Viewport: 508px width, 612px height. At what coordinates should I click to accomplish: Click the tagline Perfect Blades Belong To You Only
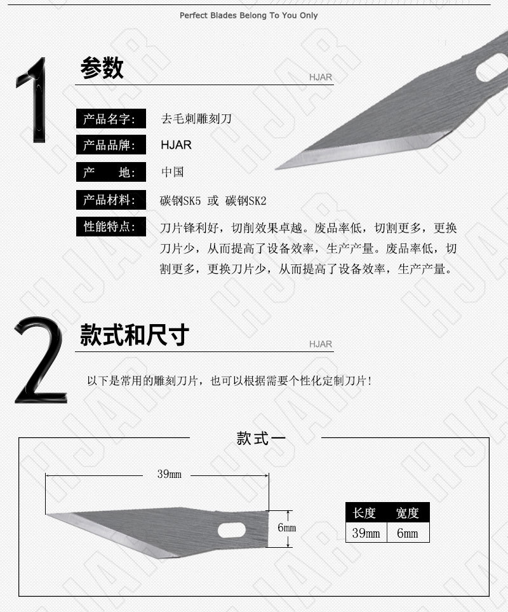pos(249,16)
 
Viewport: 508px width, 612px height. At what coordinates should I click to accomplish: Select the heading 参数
pos(102,67)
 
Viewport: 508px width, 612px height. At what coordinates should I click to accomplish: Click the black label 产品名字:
pos(110,119)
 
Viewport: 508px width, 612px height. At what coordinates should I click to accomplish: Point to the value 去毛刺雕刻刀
pos(196,119)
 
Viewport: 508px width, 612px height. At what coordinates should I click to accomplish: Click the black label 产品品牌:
pos(110,145)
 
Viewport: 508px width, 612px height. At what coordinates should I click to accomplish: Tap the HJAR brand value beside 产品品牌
pos(177,145)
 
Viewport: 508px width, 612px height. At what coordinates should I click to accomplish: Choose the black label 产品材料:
pos(110,200)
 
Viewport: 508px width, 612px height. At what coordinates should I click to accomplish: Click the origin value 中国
pos(172,172)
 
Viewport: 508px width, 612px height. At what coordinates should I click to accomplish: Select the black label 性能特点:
pos(110,226)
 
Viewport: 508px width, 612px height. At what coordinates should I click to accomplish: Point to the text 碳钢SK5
pos(180,201)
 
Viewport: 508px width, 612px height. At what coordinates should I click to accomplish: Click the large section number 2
pos(40,360)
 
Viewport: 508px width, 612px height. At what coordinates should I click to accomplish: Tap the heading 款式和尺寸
pos(135,335)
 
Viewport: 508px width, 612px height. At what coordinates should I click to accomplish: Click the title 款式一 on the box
pos(261,439)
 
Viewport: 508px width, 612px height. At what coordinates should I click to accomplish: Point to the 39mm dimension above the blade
pos(169,474)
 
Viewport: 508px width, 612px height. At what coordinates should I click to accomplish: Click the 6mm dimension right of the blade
pos(286,527)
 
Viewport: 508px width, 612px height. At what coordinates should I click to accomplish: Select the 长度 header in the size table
pos(364,513)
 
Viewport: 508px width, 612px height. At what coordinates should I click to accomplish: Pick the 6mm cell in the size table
pos(408,533)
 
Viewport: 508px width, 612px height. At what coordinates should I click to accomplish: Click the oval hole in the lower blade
pos(232,530)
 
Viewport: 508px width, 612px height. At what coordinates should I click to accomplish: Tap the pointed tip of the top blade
pos(276,169)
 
